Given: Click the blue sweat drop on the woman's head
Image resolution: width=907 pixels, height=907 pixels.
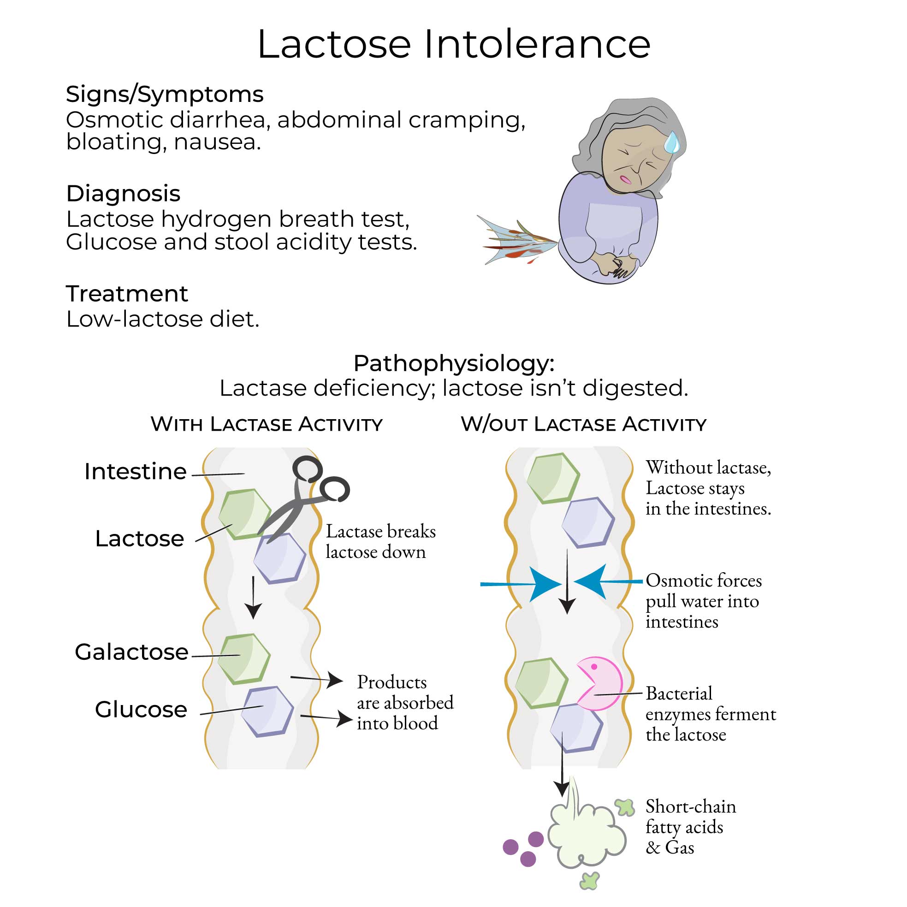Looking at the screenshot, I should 672,142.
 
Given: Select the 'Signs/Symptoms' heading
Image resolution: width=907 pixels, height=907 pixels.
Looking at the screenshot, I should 164,95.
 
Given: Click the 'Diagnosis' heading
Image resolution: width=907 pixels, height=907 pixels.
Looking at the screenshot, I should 123,193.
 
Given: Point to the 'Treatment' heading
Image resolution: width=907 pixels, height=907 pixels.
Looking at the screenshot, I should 127,294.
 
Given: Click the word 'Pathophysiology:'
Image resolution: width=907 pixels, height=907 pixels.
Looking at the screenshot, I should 454,363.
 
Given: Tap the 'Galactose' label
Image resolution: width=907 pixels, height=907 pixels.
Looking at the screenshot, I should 131,652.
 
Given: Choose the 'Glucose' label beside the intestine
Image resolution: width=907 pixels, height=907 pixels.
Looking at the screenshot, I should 141,709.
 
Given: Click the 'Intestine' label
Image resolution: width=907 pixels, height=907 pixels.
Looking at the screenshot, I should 135,471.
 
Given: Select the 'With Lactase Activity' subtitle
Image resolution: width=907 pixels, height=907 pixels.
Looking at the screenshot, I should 266,424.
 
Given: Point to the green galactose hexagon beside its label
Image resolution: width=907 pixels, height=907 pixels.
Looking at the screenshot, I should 244,658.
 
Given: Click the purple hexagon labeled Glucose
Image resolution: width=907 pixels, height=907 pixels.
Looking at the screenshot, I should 267,711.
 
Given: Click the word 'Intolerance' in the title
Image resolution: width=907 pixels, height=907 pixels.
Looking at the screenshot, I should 537,45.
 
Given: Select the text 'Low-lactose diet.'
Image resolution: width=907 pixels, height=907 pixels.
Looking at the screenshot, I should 162,319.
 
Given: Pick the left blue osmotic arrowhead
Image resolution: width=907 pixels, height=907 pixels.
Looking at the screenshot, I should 545,584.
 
